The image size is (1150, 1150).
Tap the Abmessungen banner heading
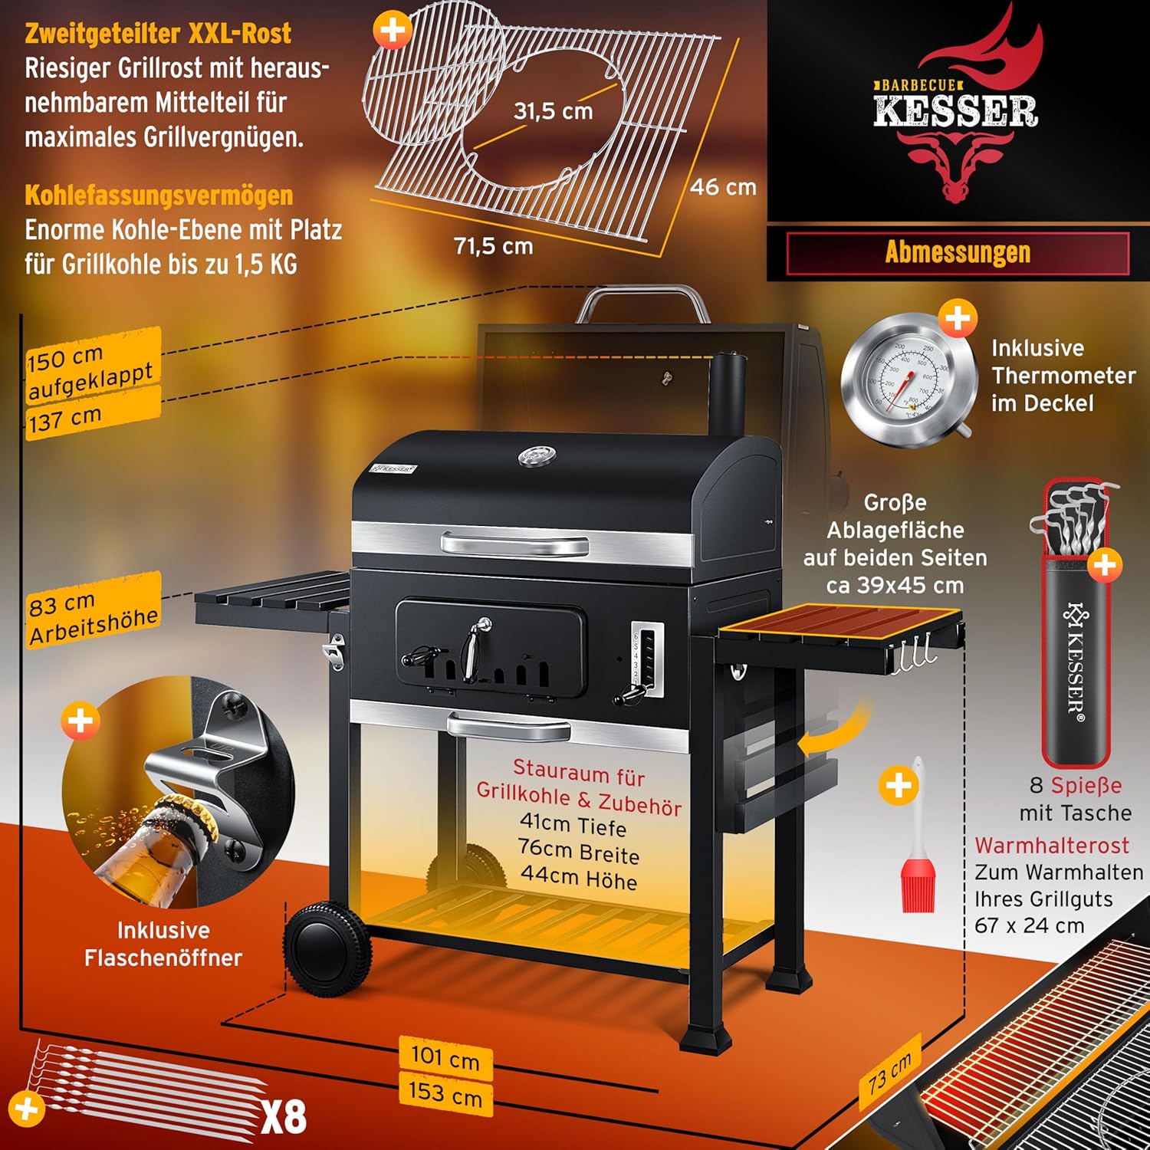click(x=958, y=252)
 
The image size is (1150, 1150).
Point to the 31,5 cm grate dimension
click(x=553, y=111)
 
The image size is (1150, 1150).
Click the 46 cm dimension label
click(x=723, y=187)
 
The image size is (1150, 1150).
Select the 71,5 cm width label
click(x=493, y=246)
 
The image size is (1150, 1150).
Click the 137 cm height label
click(x=66, y=419)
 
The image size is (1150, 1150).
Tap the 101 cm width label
click(x=445, y=1057)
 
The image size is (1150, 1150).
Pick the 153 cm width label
click(x=445, y=1092)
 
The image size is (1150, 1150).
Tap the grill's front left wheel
click(x=328, y=949)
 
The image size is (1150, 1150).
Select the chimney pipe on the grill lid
click(x=728, y=395)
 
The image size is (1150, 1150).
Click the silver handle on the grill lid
click(x=514, y=545)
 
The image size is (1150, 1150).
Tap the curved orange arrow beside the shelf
click(x=833, y=732)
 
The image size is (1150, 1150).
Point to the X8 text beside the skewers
click(x=284, y=1117)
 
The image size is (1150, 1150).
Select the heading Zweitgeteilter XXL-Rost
click(x=158, y=34)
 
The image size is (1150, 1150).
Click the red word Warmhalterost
click(x=1051, y=845)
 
